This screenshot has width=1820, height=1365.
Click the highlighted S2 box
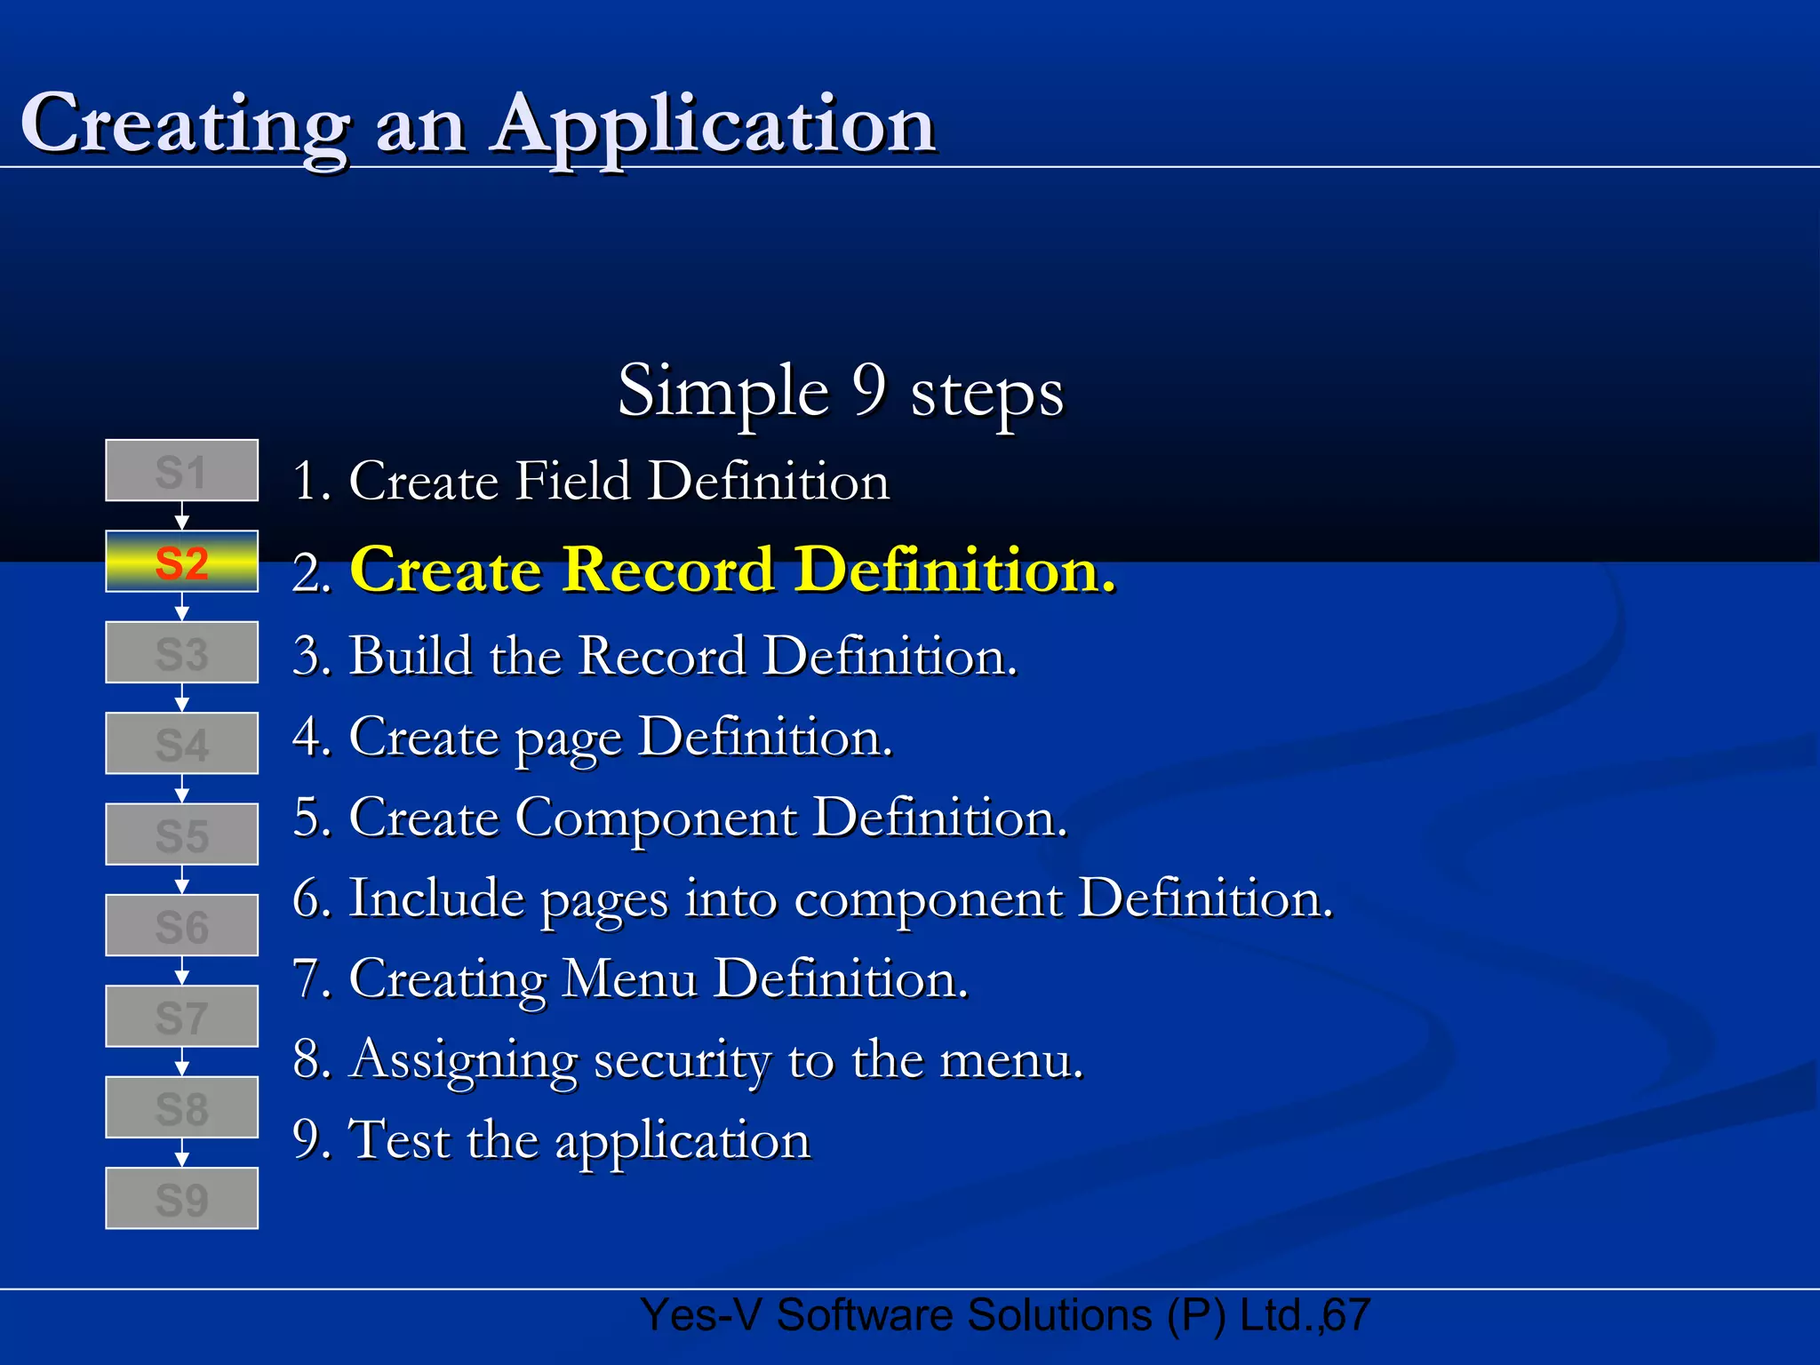coord(181,562)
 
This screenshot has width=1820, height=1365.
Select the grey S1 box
coord(181,471)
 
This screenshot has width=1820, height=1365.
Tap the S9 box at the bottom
coord(181,1198)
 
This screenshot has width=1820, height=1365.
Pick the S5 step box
coord(181,834)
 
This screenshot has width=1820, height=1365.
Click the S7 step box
coord(181,1017)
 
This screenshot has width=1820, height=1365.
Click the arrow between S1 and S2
coord(181,516)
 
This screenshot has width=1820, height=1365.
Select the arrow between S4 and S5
coord(181,788)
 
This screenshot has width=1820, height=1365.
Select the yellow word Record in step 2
coord(668,570)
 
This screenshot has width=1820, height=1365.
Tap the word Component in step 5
coord(656,818)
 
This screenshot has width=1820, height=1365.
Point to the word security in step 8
coord(682,1061)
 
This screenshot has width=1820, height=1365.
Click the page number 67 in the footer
coord(1347,1315)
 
